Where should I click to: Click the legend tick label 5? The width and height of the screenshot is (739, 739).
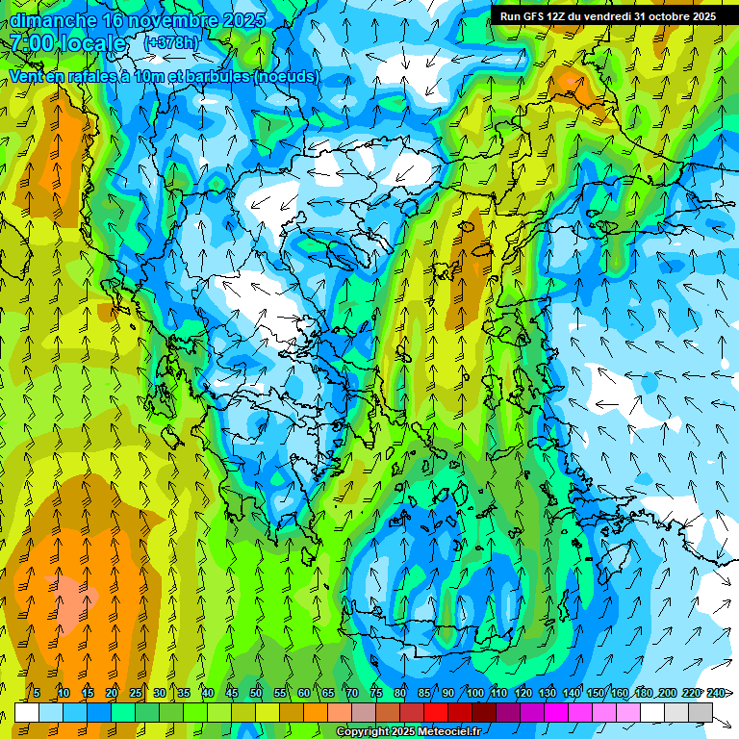pyautogui.click(x=36, y=693)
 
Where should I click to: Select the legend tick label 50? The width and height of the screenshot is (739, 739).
pyautogui.click(x=256, y=693)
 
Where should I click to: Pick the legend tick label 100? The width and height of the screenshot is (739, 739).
pyautogui.click(x=475, y=693)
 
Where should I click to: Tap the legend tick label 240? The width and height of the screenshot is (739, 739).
pyautogui.click(x=715, y=693)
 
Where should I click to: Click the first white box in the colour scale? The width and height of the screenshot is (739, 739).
pyautogui.click(x=27, y=713)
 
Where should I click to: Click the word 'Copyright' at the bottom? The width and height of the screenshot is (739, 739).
pyautogui.click(x=363, y=732)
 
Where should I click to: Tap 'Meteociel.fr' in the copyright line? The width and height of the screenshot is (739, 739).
pyautogui.click(x=448, y=732)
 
